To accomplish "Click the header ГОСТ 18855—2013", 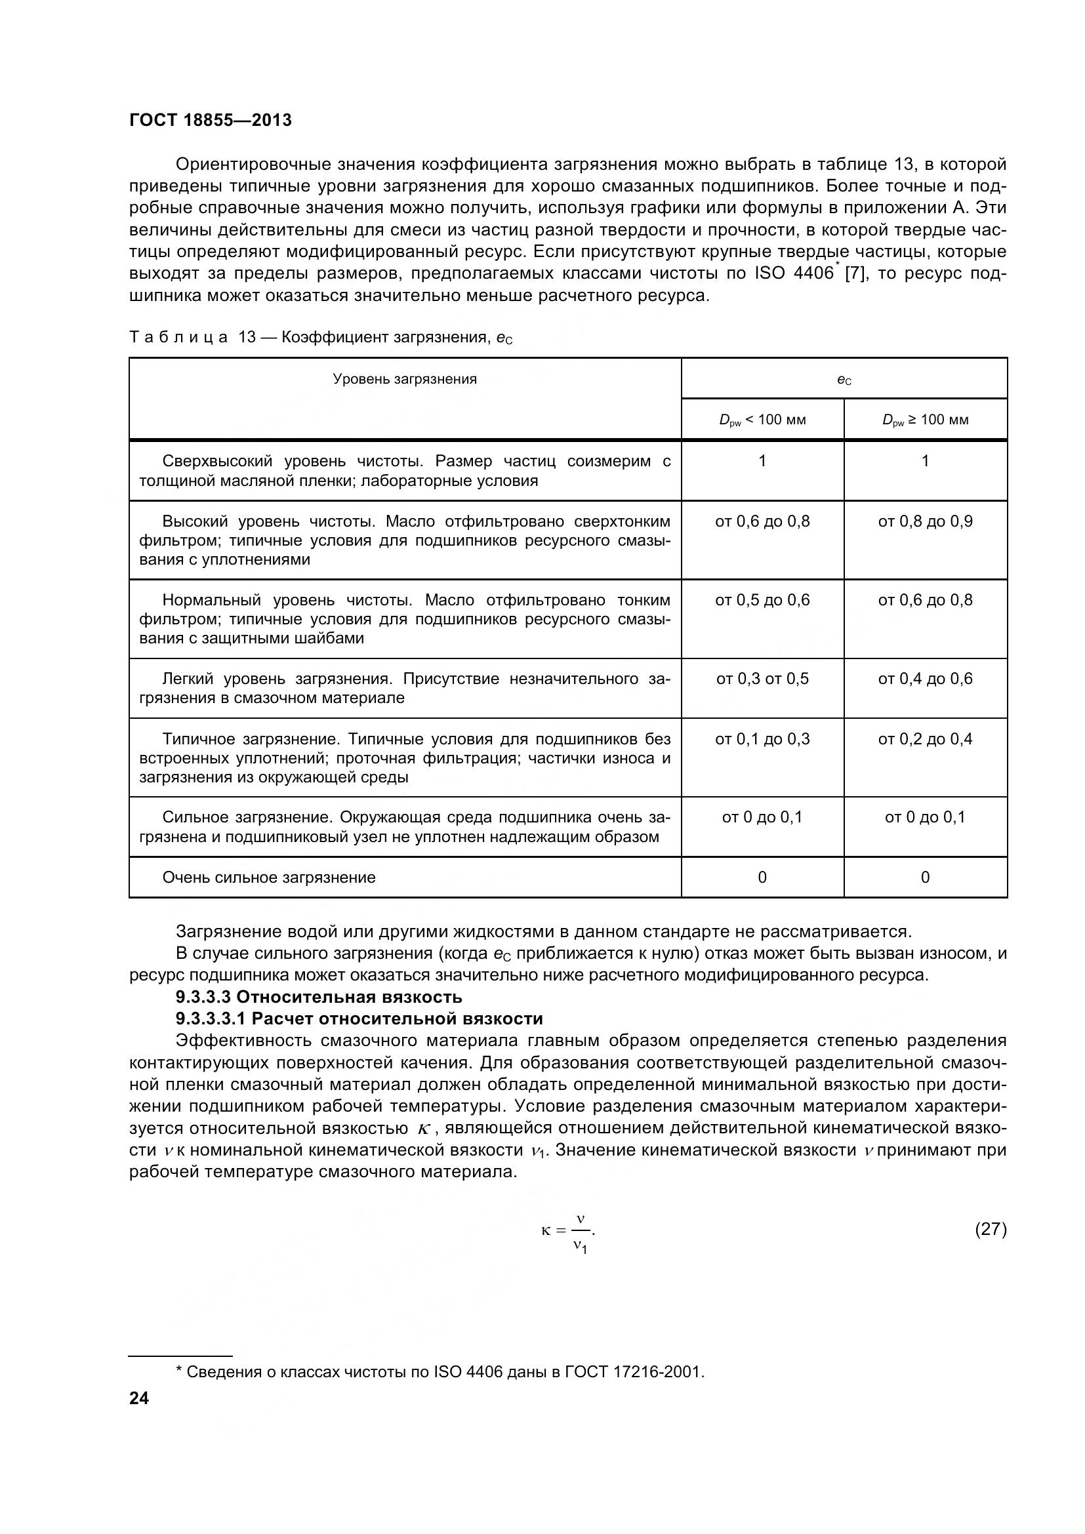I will (x=211, y=120).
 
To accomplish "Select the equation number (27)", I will (x=991, y=1228).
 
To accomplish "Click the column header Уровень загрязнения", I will (x=405, y=380).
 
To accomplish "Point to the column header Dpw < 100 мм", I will (x=762, y=420).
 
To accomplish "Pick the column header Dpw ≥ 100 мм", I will (x=926, y=420).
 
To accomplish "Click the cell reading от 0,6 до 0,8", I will (x=762, y=521).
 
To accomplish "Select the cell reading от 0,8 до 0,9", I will (x=926, y=521).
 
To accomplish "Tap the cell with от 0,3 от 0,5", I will (x=762, y=679).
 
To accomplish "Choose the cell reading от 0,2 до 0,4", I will (x=926, y=739).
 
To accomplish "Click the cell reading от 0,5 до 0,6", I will (x=762, y=600).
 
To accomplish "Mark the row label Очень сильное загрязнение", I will (x=268, y=878).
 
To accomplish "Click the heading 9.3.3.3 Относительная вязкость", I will (x=319, y=997).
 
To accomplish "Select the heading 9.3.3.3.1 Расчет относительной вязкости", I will (x=359, y=1019).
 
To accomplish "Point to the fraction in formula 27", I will (x=581, y=1230).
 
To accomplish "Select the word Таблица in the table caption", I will (x=178, y=338).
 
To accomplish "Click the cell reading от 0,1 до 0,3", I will (x=762, y=739).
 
